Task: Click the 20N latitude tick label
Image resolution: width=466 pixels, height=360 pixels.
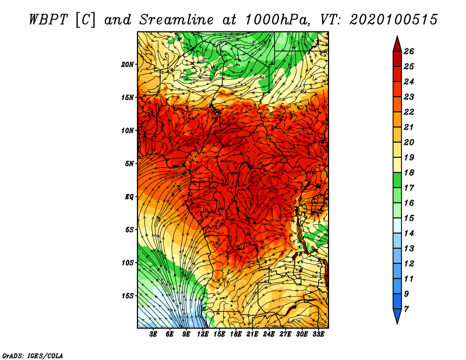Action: coord(127,65)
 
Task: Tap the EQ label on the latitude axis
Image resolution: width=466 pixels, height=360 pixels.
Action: coord(129,197)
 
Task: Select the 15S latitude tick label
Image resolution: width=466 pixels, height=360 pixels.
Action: coord(128,296)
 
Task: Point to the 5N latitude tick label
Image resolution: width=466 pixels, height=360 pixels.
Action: coord(129,164)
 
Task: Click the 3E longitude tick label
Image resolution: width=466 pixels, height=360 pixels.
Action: coord(153,334)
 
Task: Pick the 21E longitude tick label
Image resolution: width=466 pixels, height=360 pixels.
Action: coord(252,334)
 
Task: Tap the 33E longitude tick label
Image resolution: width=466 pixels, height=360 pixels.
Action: coord(318,334)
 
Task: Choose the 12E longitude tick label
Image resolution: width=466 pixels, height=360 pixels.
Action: coord(203,334)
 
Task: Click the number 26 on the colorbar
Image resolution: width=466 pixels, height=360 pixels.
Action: coord(409,51)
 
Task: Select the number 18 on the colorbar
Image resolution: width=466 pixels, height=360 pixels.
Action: coord(409,172)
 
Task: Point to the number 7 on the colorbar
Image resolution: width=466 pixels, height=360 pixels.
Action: coord(406,309)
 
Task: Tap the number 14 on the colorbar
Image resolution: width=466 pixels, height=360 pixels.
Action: coord(409,234)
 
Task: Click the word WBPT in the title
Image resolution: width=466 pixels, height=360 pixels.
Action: coord(49,20)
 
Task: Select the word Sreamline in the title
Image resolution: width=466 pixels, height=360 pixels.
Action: coord(176,20)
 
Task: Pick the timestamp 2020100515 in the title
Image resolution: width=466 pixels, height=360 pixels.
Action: coord(394,20)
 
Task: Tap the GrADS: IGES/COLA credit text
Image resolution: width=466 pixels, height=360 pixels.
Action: coord(33,356)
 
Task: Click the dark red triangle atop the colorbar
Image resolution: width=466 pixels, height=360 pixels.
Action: coord(397,45)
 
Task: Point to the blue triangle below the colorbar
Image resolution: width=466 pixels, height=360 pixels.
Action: coord(397,316)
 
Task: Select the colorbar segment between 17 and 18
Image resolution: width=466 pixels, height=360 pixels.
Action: coord(397,180)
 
